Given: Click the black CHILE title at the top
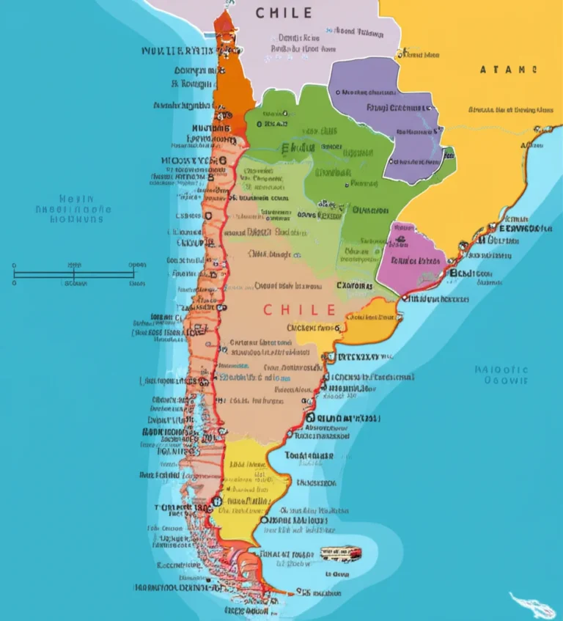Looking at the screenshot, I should (284, 13).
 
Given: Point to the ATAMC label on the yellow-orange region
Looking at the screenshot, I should (508, 70).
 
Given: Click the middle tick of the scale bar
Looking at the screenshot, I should (74, 274).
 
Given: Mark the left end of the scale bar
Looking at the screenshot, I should (15, 274).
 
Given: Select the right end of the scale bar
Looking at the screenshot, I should (133, 274).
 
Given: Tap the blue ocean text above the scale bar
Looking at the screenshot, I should (73, 208).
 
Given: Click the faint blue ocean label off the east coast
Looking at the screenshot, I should (501, 375).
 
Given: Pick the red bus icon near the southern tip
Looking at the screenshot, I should (339, 552).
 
